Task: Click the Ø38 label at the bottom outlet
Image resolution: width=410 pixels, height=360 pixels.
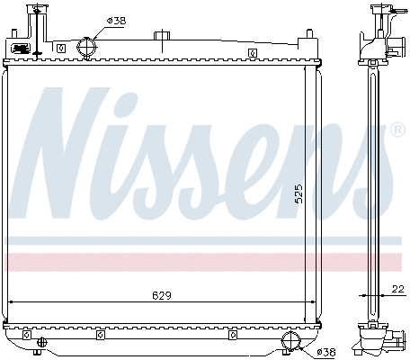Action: [325, 351]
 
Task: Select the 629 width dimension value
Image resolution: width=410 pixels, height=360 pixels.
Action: [162, 294]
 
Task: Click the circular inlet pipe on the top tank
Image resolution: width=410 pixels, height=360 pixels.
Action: [86, 46]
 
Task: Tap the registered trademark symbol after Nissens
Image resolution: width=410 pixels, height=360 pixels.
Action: [397, 131]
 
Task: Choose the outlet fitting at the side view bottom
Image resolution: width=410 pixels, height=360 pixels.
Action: [392, 341]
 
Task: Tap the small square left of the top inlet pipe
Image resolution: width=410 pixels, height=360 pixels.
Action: [60, 49]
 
